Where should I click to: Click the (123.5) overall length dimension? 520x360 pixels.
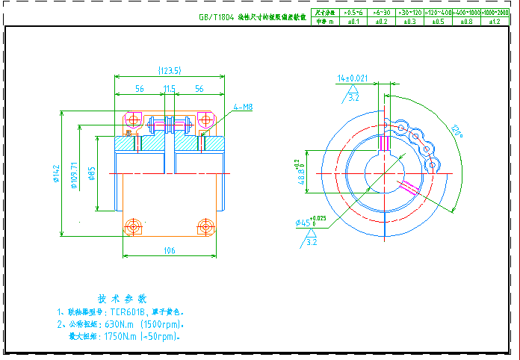(x=170, y=71)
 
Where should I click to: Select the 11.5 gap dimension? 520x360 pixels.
(x=170, y=89)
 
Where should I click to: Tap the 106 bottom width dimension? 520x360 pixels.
(x=170, y=252)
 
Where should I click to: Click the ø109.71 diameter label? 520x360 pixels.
(x=74, y=176)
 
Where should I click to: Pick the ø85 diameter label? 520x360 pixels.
(x=92, y=176)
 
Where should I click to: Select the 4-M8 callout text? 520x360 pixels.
(x=243, y=108)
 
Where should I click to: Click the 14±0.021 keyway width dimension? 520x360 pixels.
(x=353, y=78)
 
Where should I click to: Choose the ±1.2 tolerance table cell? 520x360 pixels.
(x=494, y=22)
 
